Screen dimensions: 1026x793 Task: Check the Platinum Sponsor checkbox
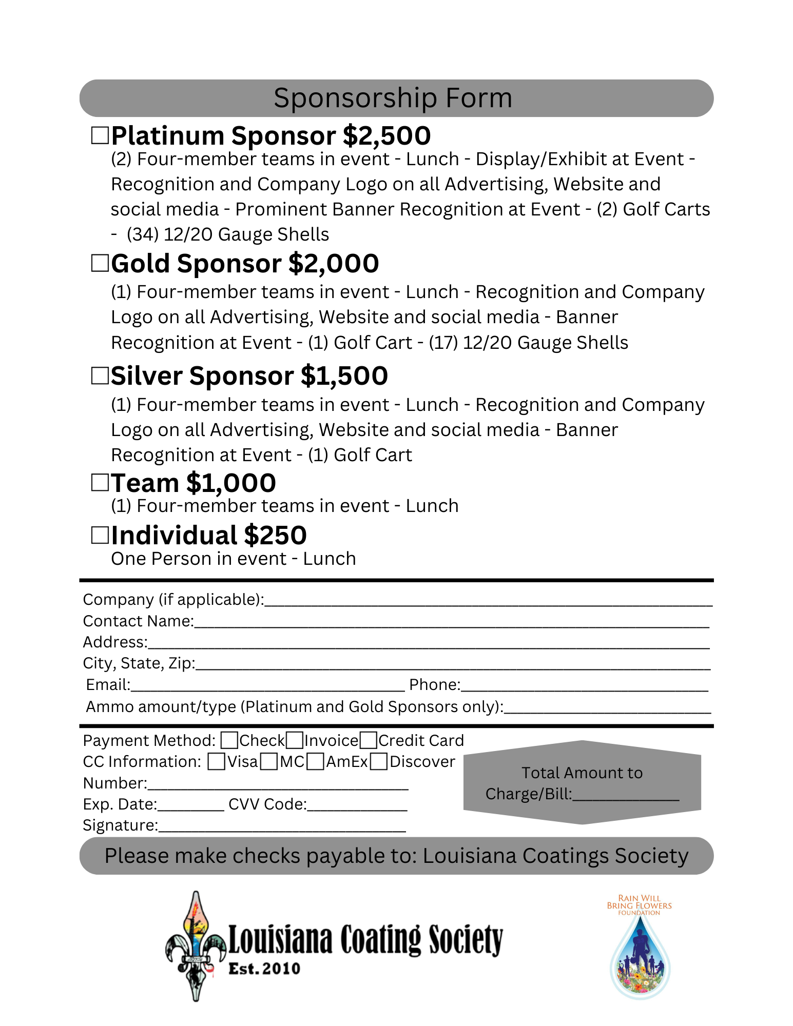100,135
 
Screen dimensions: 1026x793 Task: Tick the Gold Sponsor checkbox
100,263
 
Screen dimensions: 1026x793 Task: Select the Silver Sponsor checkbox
100,376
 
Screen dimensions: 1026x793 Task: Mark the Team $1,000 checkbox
100,483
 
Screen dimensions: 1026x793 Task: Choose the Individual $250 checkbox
100,535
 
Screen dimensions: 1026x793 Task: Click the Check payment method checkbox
229,741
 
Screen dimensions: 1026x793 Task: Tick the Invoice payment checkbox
295,741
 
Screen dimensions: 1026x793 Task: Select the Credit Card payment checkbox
369,741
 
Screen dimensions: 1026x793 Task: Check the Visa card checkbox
217,762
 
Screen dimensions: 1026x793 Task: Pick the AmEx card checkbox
316,762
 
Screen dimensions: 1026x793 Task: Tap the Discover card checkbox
379,762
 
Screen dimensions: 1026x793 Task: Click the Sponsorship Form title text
393,98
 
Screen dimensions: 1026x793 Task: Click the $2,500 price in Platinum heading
386,136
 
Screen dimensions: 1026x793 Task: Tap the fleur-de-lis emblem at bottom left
196,945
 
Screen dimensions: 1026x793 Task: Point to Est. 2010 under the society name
264,969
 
